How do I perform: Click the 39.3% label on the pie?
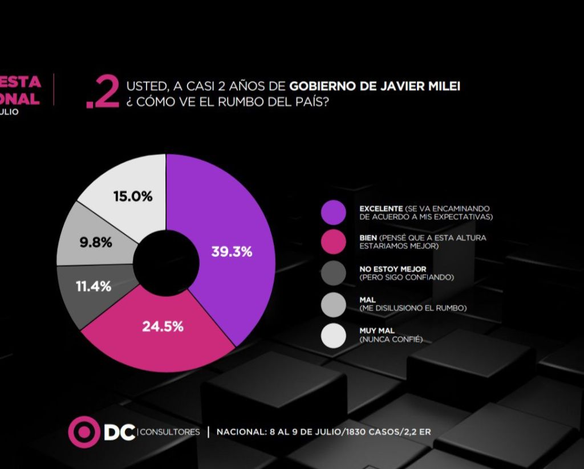point(232,252)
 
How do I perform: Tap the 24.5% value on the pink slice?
point(163,327)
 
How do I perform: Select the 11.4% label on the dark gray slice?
point(94,286)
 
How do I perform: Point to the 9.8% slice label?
point(96,242)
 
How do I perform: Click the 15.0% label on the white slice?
point(133,197)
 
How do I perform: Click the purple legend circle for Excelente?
point(334,212)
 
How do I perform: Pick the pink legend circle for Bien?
point(334,242)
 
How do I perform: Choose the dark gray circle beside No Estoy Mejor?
point(334,273)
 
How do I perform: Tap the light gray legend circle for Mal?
point(334,304)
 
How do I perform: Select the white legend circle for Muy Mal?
point(334,335)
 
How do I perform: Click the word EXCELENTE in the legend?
point(380,209)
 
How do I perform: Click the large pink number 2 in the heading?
point(106,93)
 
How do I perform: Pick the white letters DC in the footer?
point(119,431)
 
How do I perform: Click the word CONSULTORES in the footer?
point(170,432)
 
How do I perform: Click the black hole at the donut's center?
point(166,263)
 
